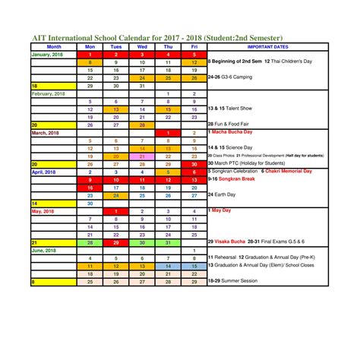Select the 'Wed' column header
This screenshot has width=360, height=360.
[142, 46]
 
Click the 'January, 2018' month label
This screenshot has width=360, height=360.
[48, 55]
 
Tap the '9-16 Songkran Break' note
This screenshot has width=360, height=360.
[235, 179]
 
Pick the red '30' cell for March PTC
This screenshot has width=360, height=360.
[194, 163]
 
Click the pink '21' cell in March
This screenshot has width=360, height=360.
[142, 156]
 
